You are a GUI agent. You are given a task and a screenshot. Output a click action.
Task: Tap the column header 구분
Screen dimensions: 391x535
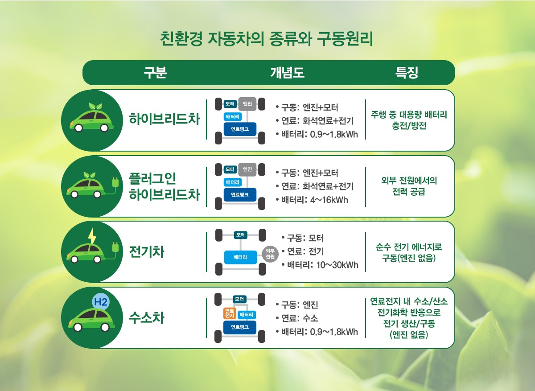(x=155, y=73)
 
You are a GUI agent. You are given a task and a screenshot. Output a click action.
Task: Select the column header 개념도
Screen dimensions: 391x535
(x=287, y=73)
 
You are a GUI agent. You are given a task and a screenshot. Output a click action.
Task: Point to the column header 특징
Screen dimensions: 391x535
(x=407, y=73)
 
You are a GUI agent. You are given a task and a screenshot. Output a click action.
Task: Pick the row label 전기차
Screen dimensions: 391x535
(x=146, y=252)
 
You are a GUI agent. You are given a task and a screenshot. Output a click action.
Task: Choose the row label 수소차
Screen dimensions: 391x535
(x=146, y=318)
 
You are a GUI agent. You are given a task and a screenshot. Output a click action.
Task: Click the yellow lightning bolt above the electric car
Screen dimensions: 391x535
(x=92, y=236)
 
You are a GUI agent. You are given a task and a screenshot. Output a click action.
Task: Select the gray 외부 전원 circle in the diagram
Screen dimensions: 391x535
(x=270, y=254)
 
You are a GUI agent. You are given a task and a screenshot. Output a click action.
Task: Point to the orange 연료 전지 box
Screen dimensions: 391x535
(x=230, y=313)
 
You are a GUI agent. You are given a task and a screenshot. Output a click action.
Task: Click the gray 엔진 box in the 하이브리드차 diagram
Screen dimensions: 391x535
(x=247, y=104)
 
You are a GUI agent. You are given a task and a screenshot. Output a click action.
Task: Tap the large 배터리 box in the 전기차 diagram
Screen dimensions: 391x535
(x=240, y=257)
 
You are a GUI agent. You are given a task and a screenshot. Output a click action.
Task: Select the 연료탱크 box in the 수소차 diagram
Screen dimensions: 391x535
(x=240, y=327)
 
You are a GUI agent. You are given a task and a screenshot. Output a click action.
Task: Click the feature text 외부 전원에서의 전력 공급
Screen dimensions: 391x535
(x=409, y=186)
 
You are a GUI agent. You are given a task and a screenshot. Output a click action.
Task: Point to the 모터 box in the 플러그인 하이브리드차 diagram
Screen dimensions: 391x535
(x=230, y=169)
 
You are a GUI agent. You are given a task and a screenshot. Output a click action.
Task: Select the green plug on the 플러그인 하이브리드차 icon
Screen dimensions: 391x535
(x=115, y=183)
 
